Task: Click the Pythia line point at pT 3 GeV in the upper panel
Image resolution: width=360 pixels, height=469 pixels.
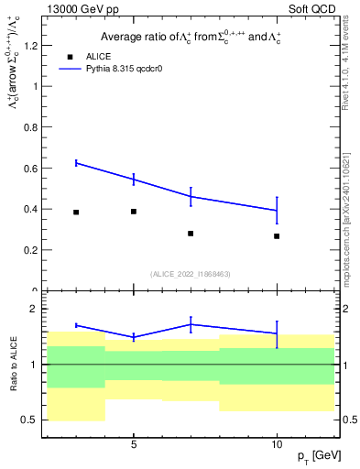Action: pos(76,163)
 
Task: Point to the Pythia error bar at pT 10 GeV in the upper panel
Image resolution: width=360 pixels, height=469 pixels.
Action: pos(277,210)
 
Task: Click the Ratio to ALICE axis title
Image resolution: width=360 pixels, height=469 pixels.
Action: pos(12,365)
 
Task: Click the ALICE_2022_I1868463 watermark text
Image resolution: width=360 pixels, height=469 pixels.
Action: pos(191,274)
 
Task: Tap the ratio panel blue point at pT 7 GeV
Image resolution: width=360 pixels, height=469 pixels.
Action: pos(191,323)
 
